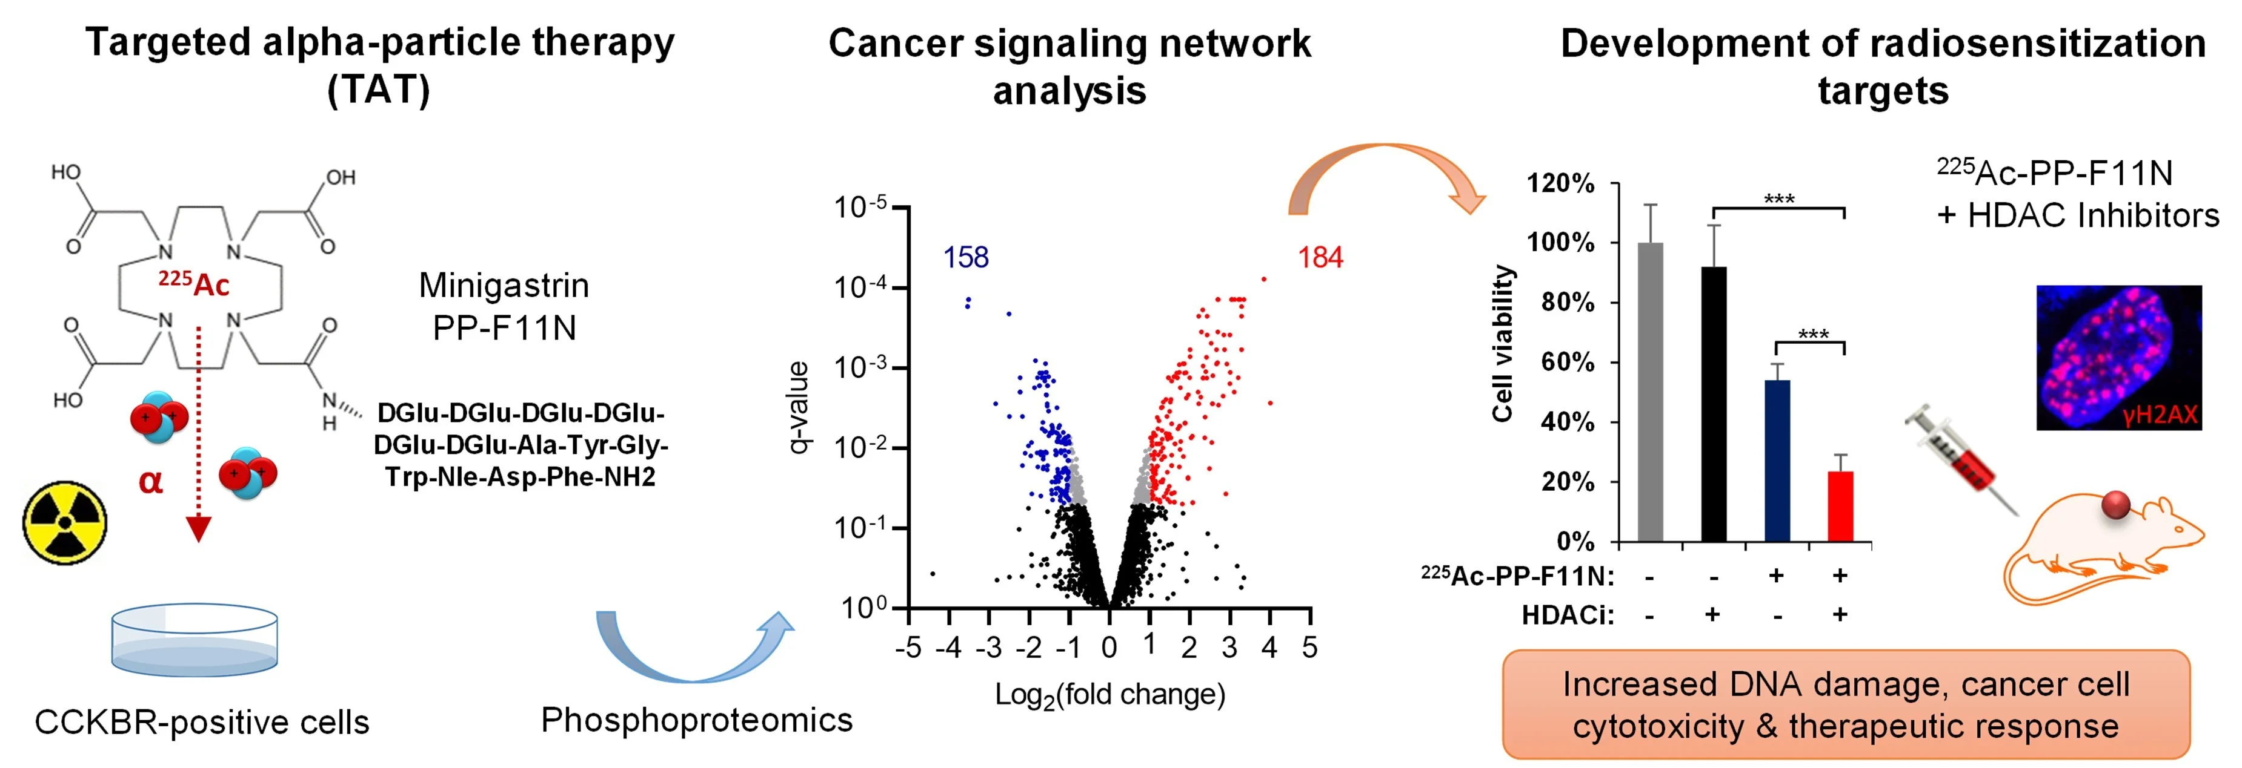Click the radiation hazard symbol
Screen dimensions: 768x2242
[64, 523]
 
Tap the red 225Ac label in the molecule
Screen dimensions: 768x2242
[193, 284]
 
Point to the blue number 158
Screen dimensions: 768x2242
[966, 257]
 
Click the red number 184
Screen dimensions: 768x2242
[1320, 257]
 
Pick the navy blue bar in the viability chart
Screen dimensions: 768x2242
[1777, 461]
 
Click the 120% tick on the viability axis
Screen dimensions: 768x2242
[1562, 183]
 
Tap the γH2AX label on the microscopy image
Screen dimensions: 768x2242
[2160, 415]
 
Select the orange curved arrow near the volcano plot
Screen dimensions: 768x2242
[1384, 174]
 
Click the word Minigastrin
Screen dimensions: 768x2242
[504, 285]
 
